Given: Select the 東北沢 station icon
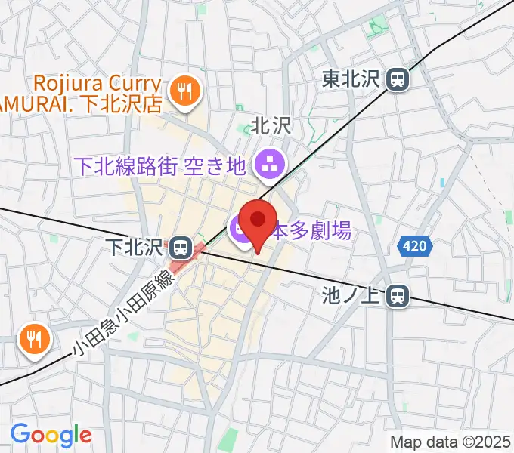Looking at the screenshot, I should (396, 79).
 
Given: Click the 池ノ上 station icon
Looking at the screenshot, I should (395, 297).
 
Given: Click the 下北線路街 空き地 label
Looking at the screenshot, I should (159, 165).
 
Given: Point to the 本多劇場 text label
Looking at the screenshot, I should (311, 230).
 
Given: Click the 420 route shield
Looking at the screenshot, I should (413, 245).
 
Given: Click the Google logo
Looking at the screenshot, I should (51, 435).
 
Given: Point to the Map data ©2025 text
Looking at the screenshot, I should (451, 442).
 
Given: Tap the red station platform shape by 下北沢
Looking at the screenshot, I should (188, 256).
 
